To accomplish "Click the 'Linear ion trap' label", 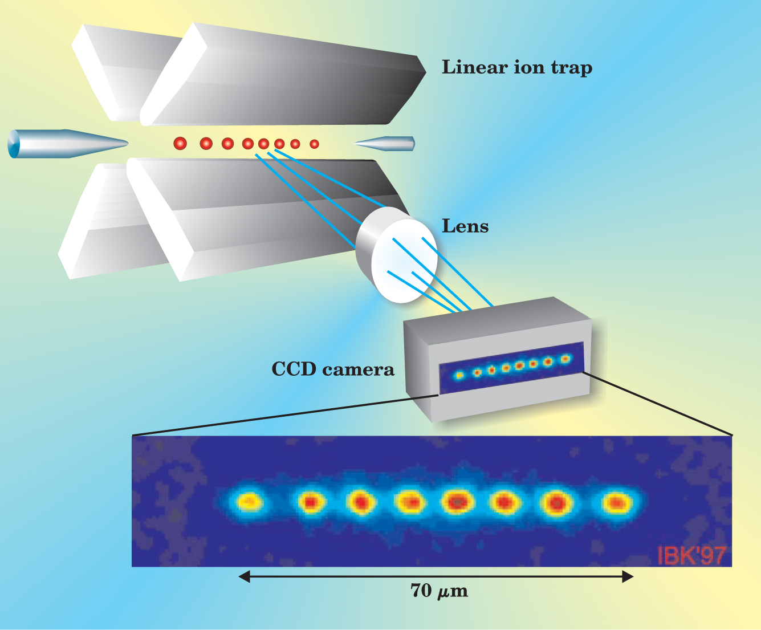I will [517, 68].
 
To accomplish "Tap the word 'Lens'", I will [465, 226].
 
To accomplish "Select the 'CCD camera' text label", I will [333, 369].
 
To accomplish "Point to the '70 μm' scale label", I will [439, 591].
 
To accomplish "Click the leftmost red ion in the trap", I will [180, 144].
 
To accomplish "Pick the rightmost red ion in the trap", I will [314, 144].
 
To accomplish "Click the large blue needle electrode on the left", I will [63, 144].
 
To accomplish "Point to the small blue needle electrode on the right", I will [388, 144].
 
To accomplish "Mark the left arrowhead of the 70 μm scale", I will [244, 577].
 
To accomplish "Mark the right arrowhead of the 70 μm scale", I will [628, 577].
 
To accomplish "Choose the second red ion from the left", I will [206, 144].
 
